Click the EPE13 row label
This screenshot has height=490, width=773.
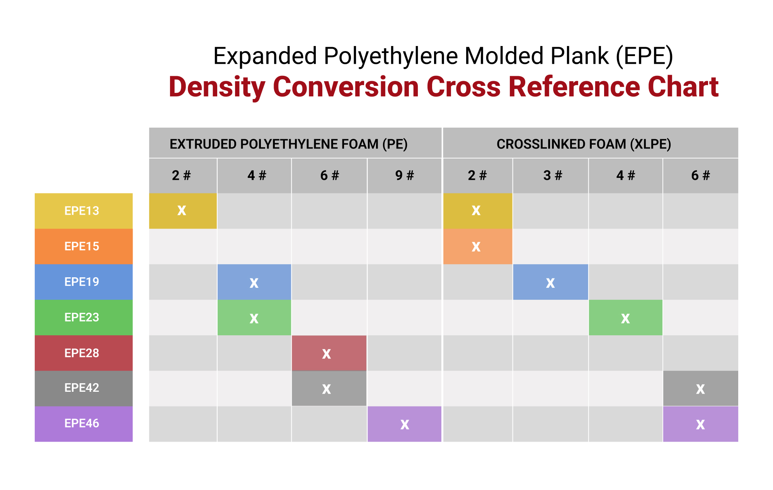[x=83, y=211]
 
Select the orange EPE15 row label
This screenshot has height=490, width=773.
[x=83, y=246]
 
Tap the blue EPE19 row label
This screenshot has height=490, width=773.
[x=83, y=282]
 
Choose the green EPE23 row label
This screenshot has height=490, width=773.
[x=83, y=318]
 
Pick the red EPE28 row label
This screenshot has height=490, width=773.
[x=83, y=353]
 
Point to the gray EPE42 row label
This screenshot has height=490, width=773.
[x=83, y=388]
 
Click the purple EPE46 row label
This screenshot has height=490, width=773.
[x=83, y=424]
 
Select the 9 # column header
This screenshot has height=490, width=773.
[x=404, y=176]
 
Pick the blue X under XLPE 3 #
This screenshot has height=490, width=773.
[x=550, y=282]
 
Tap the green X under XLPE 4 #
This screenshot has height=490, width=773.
[x=625, y=318]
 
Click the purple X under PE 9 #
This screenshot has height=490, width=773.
[x=404, y=424]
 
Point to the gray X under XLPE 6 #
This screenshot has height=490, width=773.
[x=701, y=388]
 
